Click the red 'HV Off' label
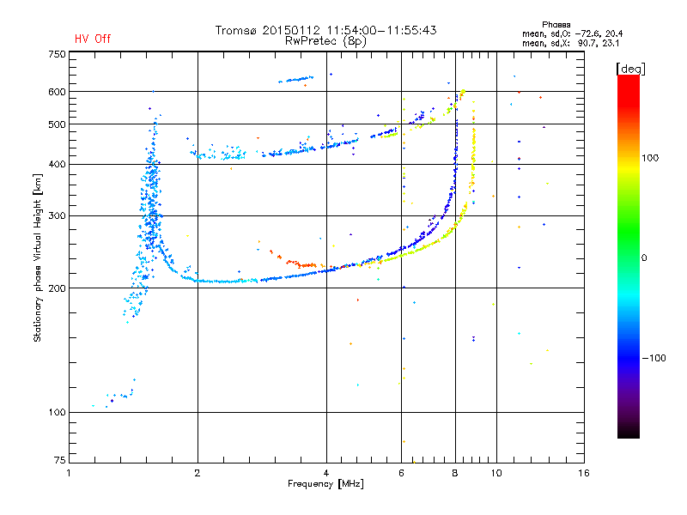point(93,39)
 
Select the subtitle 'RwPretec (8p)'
point(325,41)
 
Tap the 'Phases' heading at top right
point(556,25)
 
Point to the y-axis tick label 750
point(57,54)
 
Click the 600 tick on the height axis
point(57,92)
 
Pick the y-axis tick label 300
point(57,215)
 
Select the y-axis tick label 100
point(57,412)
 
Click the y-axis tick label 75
point(60,460)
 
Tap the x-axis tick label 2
point(198,473)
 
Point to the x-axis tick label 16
point(584,473)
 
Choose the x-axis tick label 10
point(496,473)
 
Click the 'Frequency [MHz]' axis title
point(325,484)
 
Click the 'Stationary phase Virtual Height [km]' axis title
point(38,257)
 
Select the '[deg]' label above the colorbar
point(630,69)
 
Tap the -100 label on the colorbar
point(654,358)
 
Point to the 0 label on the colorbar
point(644,258)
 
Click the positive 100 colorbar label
point(650,158)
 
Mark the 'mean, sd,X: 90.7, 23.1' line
point(570,44)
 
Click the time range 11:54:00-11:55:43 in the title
point(381,30)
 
